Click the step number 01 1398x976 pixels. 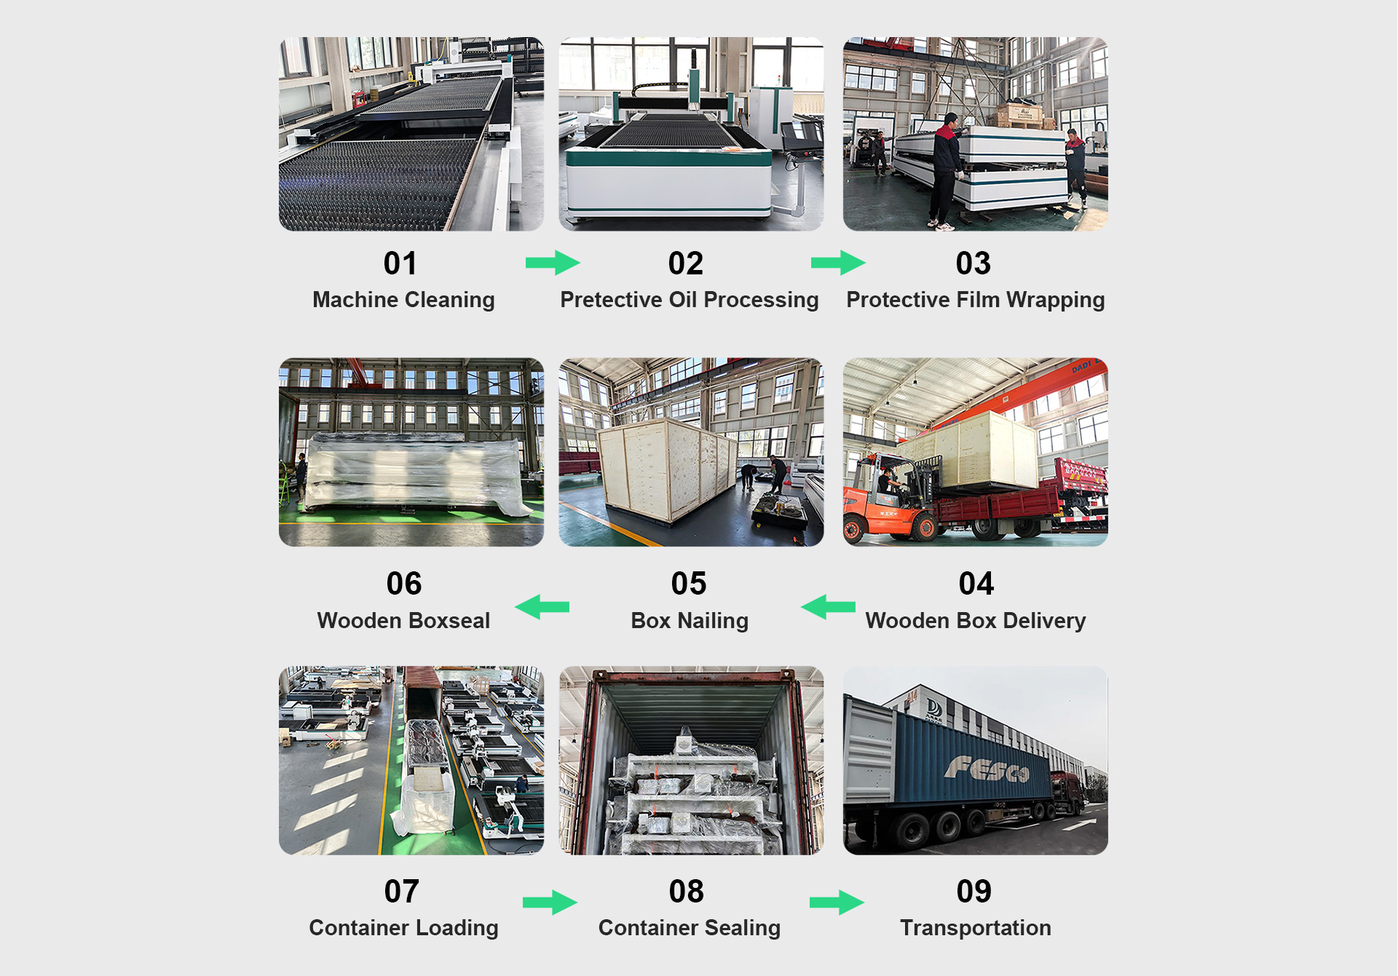(x=400, y=263)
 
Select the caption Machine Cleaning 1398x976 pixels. (x=403, y=300)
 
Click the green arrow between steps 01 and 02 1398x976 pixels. (x=552, y=263)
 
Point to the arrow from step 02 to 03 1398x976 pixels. (x=837, y=263)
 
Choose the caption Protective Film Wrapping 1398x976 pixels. (x=975, y=300)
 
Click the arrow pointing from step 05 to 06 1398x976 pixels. (x=542, y=606)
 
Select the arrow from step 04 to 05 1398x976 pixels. (x=828, y=606)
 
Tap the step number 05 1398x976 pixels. (x=688, y=584)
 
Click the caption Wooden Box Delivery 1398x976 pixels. (x=975, y=621)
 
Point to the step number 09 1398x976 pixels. (x=974, y=892)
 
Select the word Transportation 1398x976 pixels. (x=975, y=928)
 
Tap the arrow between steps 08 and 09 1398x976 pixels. (x=836, y=902)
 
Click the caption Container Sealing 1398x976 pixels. (x=689, y=928)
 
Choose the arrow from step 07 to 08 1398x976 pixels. (x=550, y=902)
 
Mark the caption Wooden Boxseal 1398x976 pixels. (x=403, y=621)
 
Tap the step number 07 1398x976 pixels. (x=401, y=892)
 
